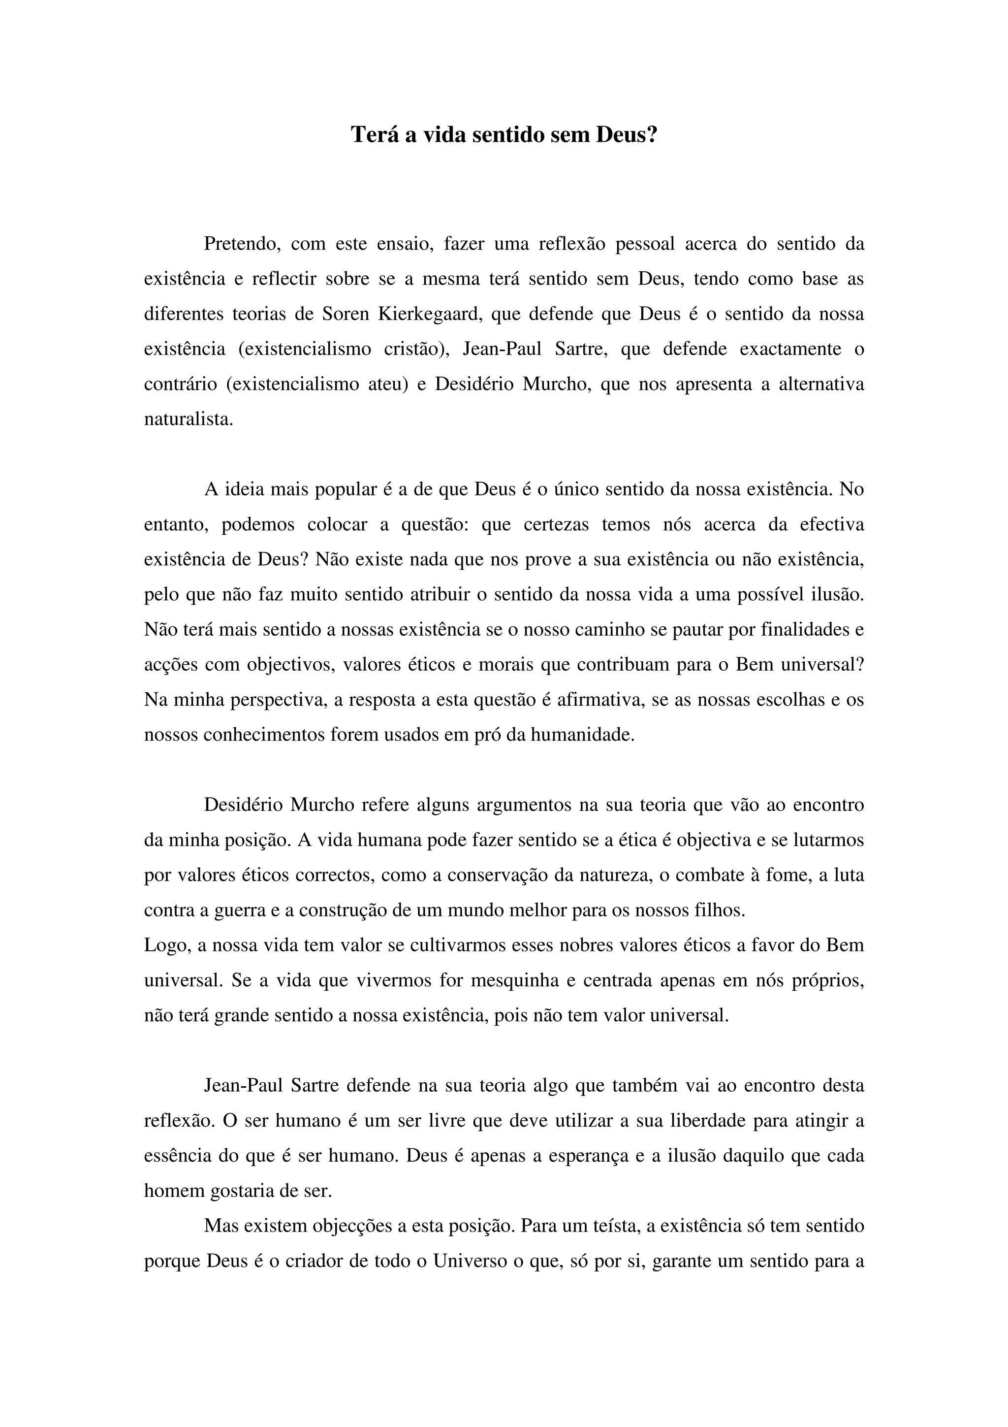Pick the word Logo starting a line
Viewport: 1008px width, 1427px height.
[x=164, y=945]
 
